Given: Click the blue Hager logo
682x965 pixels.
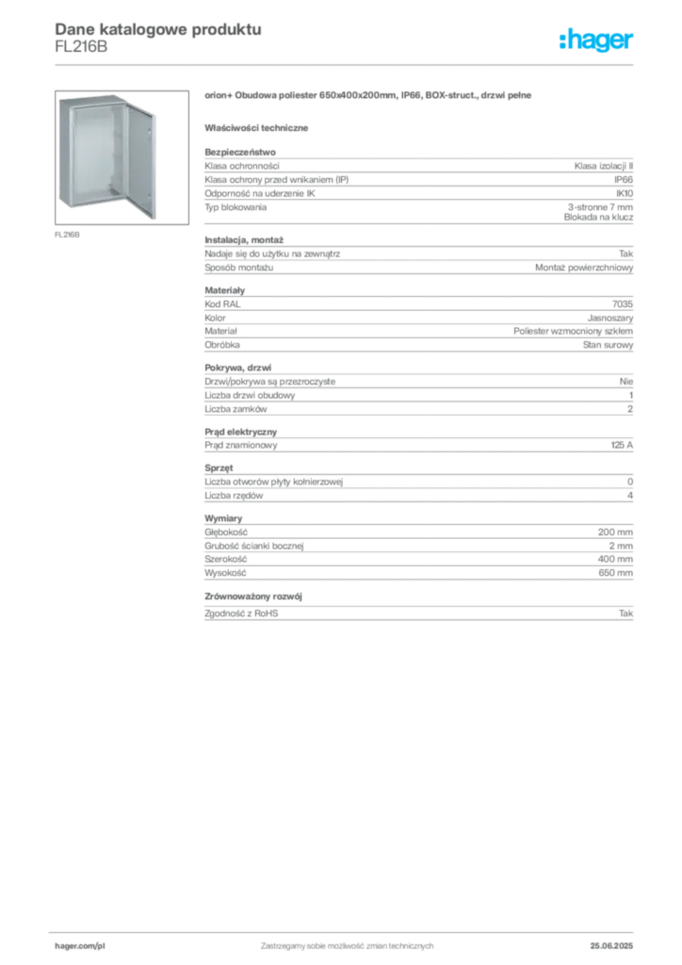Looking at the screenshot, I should [x=597, y=41].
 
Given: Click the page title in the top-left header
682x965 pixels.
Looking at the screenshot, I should [x=156, y=29].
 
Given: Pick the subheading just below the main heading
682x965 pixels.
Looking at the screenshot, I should [x=260, y=127].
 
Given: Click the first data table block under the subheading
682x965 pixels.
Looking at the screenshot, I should [x=418, y=187].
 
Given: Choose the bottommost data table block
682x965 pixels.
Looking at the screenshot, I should [x=418, y=570].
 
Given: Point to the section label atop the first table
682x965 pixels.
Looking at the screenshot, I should [x=241, y=149].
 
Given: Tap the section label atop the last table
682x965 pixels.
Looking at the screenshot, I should [x=226, y=518].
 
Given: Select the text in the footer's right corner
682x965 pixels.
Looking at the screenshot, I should [x=618, y=941].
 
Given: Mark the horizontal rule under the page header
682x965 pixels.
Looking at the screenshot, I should [x=347, y=65].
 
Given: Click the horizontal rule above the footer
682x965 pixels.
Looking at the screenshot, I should [x=347, y=930].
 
